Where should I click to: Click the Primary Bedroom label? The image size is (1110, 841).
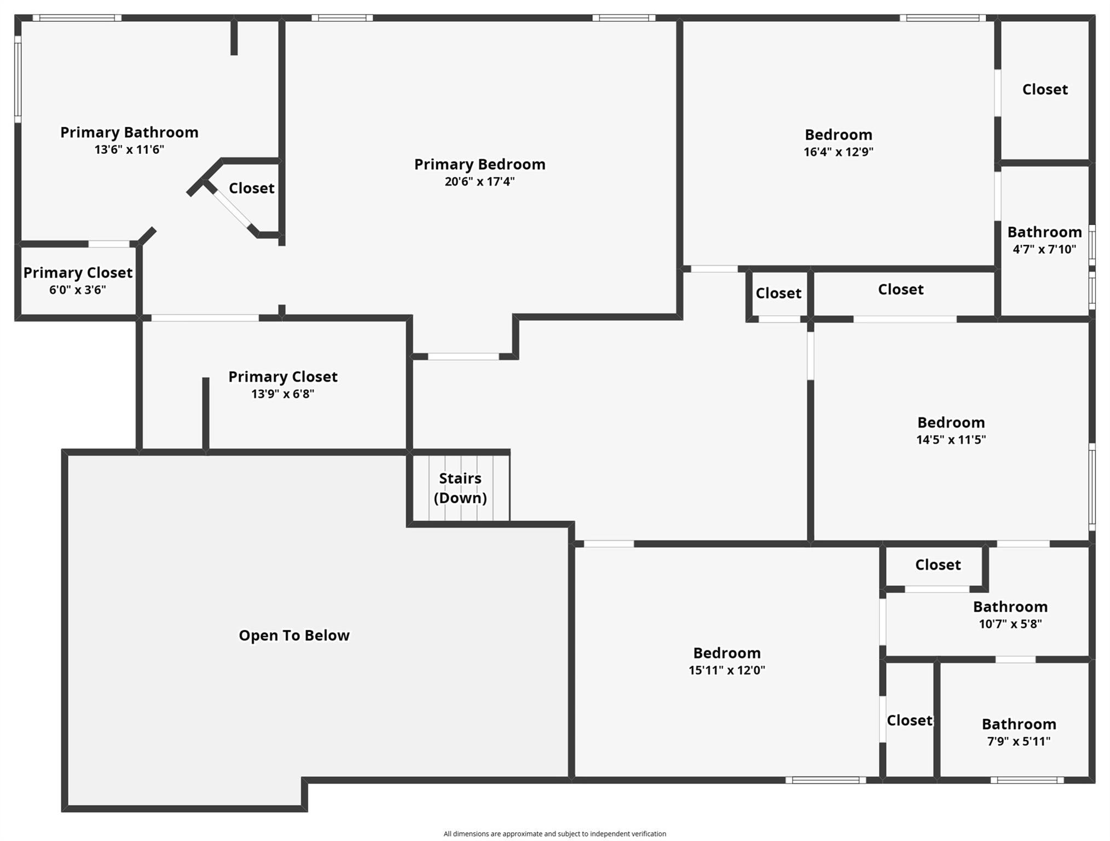tap(479, 164)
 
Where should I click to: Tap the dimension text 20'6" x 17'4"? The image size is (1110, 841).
tap(479, 182)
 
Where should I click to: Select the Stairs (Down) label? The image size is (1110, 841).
tap(460, 488)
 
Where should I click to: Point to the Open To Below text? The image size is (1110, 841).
tap(294, 635)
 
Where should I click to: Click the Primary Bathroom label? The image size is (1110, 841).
tap(129, 133)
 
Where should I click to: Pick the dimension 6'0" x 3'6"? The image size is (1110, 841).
tap(78, 290)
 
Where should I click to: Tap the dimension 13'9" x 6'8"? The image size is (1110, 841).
tap(282, 394)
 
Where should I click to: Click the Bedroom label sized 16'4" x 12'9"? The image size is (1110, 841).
tap(838, 135)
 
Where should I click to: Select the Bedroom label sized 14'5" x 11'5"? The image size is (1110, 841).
tap(951, 423)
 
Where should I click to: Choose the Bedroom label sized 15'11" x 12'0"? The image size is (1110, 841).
tap(726, 653)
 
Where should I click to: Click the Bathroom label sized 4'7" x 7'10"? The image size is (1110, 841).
tap(1044, 232)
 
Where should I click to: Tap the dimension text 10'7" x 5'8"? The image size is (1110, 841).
tap(1010, 624)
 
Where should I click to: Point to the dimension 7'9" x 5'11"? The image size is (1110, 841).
tap(1019, 741)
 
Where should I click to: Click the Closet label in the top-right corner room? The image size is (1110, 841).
tap(1045, 90)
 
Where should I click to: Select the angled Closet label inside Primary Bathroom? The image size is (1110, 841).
tap(251, 188)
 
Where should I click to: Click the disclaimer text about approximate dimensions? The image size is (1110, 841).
tap(554, 834)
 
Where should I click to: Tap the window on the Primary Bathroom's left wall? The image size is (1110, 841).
tap(18, 79)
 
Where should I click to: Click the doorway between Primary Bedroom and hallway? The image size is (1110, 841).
tap(463, 356)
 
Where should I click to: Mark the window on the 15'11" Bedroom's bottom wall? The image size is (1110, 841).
tap(825, 780)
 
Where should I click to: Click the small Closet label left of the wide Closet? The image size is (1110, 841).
tap(778, 293)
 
